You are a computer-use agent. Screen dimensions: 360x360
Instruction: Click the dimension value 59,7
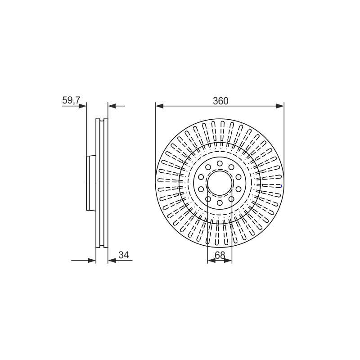(x=71, y=100)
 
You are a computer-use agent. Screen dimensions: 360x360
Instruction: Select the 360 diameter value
(x=220, y=101)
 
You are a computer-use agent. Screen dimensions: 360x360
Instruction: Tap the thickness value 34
(x=124, y=255)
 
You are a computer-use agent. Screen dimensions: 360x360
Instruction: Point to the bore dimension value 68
(x=220, y=255)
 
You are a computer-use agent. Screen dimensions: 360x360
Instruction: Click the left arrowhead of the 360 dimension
(x=159, y=106)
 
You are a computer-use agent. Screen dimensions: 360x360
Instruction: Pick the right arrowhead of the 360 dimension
(x=280, y=106)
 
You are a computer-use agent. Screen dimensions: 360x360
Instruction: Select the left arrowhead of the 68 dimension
(x=211, y=261)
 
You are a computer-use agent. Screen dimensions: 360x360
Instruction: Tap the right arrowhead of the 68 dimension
(x=228, y=261)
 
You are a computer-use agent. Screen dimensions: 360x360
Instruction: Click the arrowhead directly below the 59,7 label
(x=82, y=106)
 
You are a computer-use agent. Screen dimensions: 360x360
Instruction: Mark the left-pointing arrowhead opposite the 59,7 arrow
(x=112, y=106)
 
